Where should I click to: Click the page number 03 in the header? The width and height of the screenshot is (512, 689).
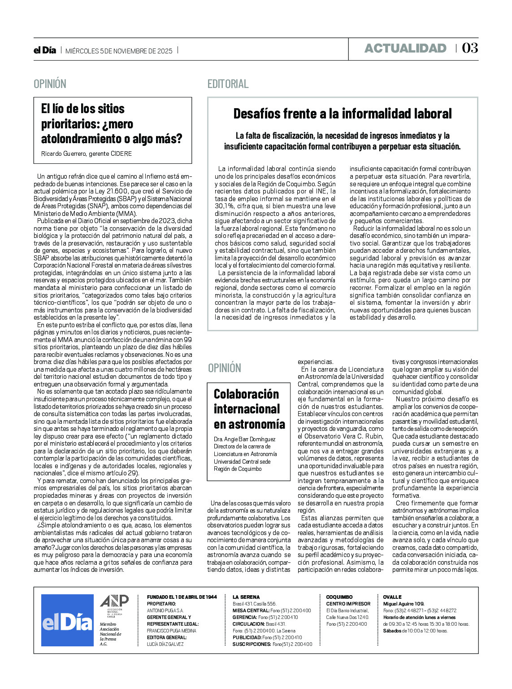[469, 48]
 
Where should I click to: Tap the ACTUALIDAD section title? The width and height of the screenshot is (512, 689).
[405, 48]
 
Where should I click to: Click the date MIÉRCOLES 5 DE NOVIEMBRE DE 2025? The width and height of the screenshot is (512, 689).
[119, 51]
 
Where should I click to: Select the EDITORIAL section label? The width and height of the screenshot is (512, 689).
[228, 84]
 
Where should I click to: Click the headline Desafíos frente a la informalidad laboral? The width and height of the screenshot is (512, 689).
[343, 114]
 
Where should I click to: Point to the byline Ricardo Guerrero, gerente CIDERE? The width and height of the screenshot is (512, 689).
[87, 154]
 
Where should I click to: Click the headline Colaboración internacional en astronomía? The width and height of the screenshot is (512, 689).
[249, 409]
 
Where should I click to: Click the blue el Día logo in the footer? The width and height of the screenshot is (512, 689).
[67, 620]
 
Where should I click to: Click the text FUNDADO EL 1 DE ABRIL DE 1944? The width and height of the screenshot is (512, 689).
[182, 597]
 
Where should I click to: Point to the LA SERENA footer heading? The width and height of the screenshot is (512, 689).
[246, 597]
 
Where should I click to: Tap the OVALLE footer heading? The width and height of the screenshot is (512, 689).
[392, 597]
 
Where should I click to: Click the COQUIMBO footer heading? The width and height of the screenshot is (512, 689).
[339, 597]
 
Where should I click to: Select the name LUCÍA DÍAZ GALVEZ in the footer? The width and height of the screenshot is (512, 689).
[165, 644]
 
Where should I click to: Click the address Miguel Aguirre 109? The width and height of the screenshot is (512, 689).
[404, 604]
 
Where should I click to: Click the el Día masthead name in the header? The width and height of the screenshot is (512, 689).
[45, 51]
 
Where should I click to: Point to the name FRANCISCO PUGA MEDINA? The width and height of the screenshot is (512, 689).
[172, 631]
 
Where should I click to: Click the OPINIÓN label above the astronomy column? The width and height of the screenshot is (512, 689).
[225, 368]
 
